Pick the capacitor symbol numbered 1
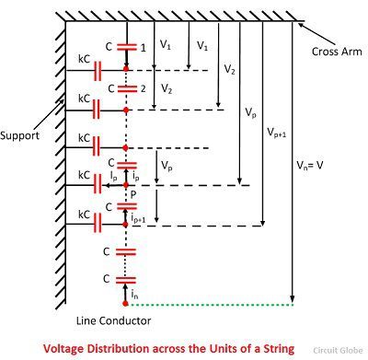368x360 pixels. coord(126,46)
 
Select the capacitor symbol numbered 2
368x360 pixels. coord(126,89)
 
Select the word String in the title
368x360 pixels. coord(274,349)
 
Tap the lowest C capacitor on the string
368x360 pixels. coord(126,279)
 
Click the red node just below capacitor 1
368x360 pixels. coord(126,68)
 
